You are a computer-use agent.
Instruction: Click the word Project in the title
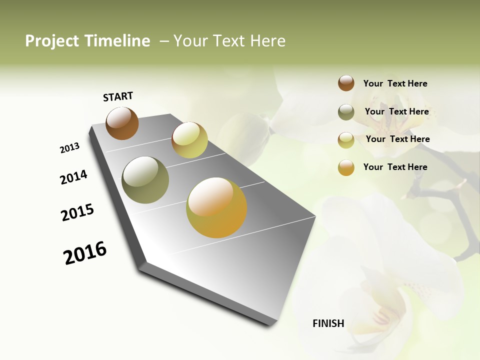pyautogui.click(x=52, y=41)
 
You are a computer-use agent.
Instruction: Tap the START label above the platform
pyautogui.click(x=118, y=96)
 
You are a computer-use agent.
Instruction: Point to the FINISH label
pyautogui.click(x=328, y=323)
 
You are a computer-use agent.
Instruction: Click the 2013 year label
pyautogui.click(x=69, y=148)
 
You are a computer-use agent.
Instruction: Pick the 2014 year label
pyautogui.click(x=73, y=177)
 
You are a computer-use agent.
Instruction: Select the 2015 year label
pyautogui.click(x=77, y=212)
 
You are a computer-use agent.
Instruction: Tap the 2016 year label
pyautogui.click(x=85, y=253)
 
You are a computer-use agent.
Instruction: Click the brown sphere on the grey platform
pyautogui.click(x=122, y=123)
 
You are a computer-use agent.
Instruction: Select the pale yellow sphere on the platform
pyautogui.click(x=189, y=140)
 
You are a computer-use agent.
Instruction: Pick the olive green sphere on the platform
pyautogui.click(x=145, y=180)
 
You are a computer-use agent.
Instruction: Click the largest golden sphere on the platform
pyautogui.click(x=216, y=207)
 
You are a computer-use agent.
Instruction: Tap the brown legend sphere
pyautogui.click(x=346, y=83)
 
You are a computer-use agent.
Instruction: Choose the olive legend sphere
pyautogui.click(x=346, y=112)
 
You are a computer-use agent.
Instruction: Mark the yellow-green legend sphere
pyautogui.click(x=346, y=140)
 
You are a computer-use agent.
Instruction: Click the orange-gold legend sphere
pyautogui.click(x=346, y=167)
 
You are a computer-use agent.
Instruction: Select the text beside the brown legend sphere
pyautogui.click(x=395, y=83)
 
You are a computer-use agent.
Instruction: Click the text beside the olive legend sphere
pyautogui.click(x=396, y=111)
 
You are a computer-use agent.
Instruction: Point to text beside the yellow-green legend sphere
pyautogui.click(x=397, y=139)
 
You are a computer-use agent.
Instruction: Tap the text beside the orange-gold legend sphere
pyautogui.click(x=395, y=167)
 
